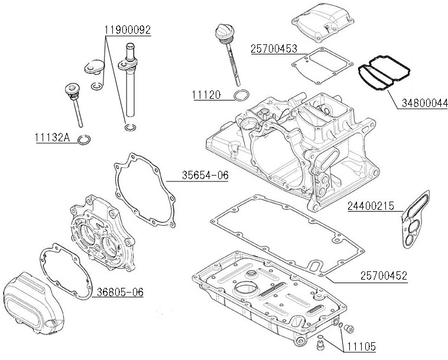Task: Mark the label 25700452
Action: point(383,275)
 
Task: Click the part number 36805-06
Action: point(121,292)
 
